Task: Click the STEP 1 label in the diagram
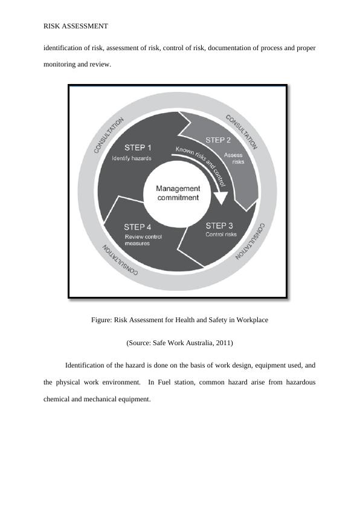click(138, 147)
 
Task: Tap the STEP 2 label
click(219, 140)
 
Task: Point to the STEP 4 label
click(138, 227)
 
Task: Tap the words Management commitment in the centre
click(178, 193)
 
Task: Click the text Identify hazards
click(132, 158)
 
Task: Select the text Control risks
click(221, 235)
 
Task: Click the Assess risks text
click(234, 158)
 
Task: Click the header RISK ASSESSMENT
click(76, 26)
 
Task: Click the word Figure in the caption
click(101, 320)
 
